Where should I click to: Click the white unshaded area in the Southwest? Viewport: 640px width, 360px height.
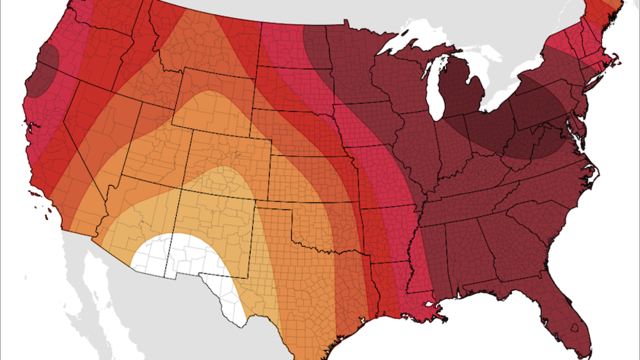[x=187, y=258]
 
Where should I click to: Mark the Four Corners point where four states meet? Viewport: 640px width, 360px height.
[x=181, y=189]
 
